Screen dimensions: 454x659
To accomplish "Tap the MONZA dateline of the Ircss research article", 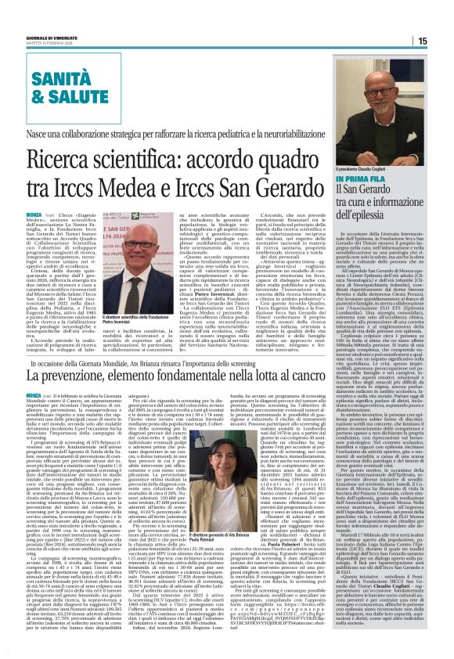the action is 38,213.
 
